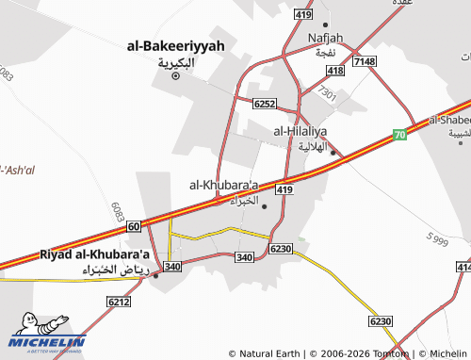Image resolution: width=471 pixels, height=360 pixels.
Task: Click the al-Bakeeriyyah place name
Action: coord(175,45)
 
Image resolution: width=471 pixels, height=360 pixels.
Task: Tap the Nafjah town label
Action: coord(326,38)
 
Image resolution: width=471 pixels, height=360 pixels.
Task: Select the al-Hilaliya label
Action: coord(300,132)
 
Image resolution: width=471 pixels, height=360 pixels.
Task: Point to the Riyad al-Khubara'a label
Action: coord(94,254)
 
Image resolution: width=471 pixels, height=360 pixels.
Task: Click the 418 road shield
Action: coord(335,71)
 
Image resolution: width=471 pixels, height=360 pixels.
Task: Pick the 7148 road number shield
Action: coord(364,61)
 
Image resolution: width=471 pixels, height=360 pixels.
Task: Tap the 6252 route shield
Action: coord(264,103)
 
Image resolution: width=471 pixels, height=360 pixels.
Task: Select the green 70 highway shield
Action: coord(399,135)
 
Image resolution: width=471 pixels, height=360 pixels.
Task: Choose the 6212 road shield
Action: coord(119,302)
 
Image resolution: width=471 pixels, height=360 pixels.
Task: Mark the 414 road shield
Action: coord(463,269)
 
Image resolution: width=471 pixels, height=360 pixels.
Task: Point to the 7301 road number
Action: coord(327,92)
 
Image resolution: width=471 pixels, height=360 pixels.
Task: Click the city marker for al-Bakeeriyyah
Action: coord(174,76)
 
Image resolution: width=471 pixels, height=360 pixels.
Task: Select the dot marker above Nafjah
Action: coord(326,25)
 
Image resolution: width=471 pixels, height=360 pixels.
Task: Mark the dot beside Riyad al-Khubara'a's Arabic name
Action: coord(155,275)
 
